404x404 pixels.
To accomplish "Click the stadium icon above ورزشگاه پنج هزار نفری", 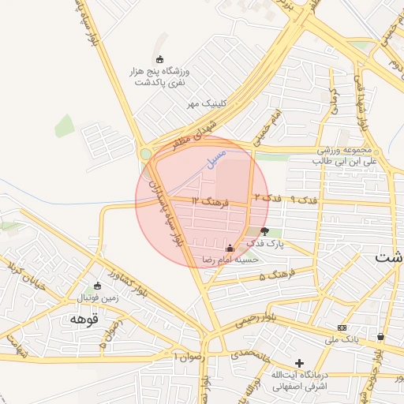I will (160, 60).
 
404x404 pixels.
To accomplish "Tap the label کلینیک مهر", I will (201, 103).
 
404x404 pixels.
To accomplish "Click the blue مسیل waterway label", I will (215, 156).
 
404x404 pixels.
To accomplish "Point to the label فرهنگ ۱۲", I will (208, 203).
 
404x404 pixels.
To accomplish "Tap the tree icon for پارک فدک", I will (264, 232).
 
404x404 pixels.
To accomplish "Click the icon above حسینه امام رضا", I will (230, 248).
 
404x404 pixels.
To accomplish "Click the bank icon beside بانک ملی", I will (342, 327).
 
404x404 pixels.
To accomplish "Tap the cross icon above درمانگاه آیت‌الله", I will (299, 362).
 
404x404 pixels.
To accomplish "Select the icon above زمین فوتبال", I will (97, 286).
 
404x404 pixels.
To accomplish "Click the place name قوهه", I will (82, 319).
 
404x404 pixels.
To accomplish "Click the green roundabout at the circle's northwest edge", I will (145, 154).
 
